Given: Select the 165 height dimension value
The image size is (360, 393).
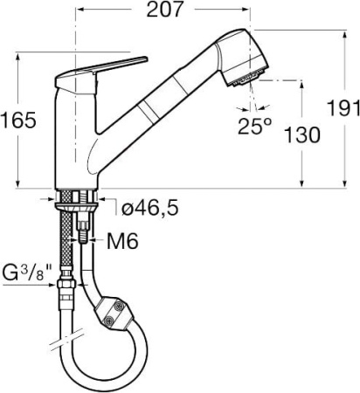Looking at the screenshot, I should [x=19, y=121].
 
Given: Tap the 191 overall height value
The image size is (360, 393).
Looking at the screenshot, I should [x=349, y=108].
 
